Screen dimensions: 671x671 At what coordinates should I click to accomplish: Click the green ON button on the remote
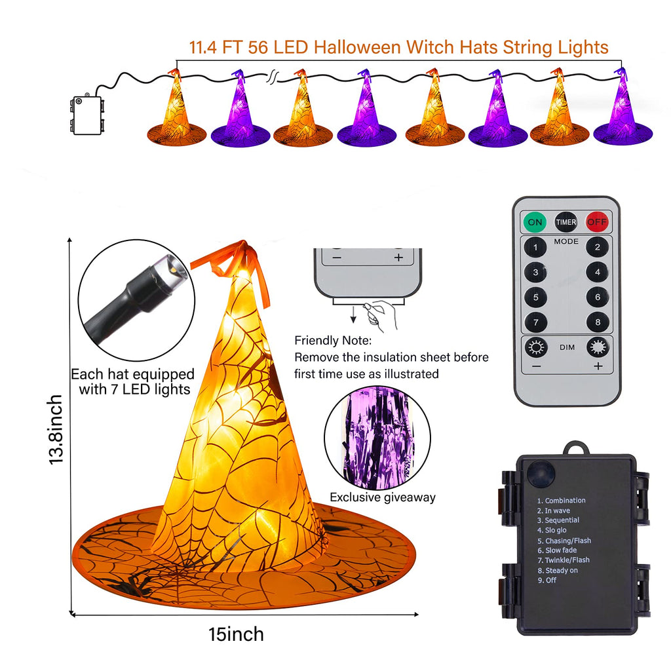point(535,222)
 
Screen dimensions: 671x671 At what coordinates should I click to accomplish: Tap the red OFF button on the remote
point(597,222)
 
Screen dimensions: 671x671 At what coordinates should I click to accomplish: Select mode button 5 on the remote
point(536,297)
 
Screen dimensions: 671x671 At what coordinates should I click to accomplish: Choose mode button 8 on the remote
point(597,322)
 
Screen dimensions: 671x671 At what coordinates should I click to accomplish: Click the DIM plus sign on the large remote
point(598,366)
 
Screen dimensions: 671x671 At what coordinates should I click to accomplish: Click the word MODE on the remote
point(566,242)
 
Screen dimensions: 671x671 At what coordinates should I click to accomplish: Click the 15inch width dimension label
point(236,634)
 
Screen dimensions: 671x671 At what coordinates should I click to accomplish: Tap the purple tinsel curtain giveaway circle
point(377,437)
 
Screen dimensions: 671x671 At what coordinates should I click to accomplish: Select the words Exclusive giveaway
point(382,497)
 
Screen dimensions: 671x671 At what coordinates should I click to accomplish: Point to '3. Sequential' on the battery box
point(558,520)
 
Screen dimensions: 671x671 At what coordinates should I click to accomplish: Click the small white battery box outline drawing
point(88,115)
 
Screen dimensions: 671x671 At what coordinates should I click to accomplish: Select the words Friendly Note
point(333,341)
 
